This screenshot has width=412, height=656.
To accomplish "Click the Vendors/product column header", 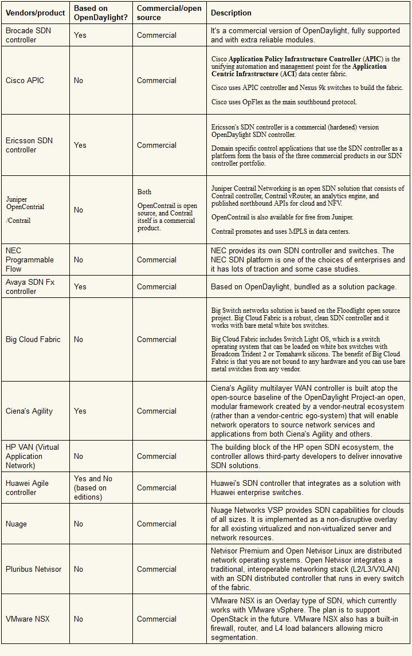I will click(36, 13).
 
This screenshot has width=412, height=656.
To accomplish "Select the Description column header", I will click(231, 13).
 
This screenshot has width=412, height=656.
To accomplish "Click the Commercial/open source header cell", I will click(169, 13).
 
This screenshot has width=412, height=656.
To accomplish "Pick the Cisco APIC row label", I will click(25, 80).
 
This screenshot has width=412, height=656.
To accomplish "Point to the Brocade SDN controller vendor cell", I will click(29, 35).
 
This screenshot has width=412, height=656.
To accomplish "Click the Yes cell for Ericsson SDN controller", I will click(80, 145).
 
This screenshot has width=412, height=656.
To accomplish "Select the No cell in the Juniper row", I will click(79, 210).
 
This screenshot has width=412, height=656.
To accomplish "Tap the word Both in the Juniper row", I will click(144, 192).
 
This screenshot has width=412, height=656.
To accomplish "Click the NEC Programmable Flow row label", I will click(30, 260).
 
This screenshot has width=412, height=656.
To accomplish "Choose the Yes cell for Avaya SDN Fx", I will click(80, 286).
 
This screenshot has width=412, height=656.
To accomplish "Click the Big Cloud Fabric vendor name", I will click(33, 339).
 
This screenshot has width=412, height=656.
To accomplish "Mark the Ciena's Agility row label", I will click(29, 411).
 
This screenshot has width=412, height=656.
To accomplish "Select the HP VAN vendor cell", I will click(32, 456).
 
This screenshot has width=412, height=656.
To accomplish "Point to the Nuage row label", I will click(16, 524).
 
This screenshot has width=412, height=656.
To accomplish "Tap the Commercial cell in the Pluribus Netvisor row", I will click(156, 569).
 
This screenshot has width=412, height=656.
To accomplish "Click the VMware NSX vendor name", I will click(28, 619).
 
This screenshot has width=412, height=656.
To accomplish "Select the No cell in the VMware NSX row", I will click(79, 619).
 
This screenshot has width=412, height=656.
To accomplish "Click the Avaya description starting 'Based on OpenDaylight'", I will click(303, 286).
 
